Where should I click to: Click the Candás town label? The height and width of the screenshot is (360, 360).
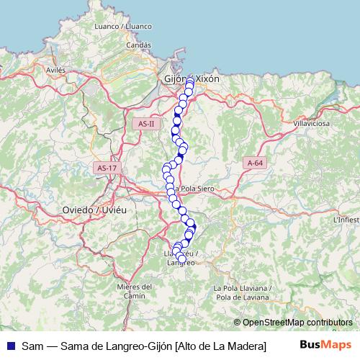click(138, 45)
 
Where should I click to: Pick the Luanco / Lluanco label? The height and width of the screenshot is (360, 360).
click(123, 27)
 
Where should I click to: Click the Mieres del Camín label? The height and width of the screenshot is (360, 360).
click(135, 291)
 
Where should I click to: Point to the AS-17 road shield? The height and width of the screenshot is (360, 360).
click(106, 168)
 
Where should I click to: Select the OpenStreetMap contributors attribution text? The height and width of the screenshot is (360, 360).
click(297, 323)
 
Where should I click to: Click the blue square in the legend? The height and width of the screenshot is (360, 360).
click(10, 346)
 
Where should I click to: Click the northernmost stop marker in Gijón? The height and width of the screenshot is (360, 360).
click(190, 84)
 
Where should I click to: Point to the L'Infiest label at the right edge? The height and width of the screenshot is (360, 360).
click(346, 219)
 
